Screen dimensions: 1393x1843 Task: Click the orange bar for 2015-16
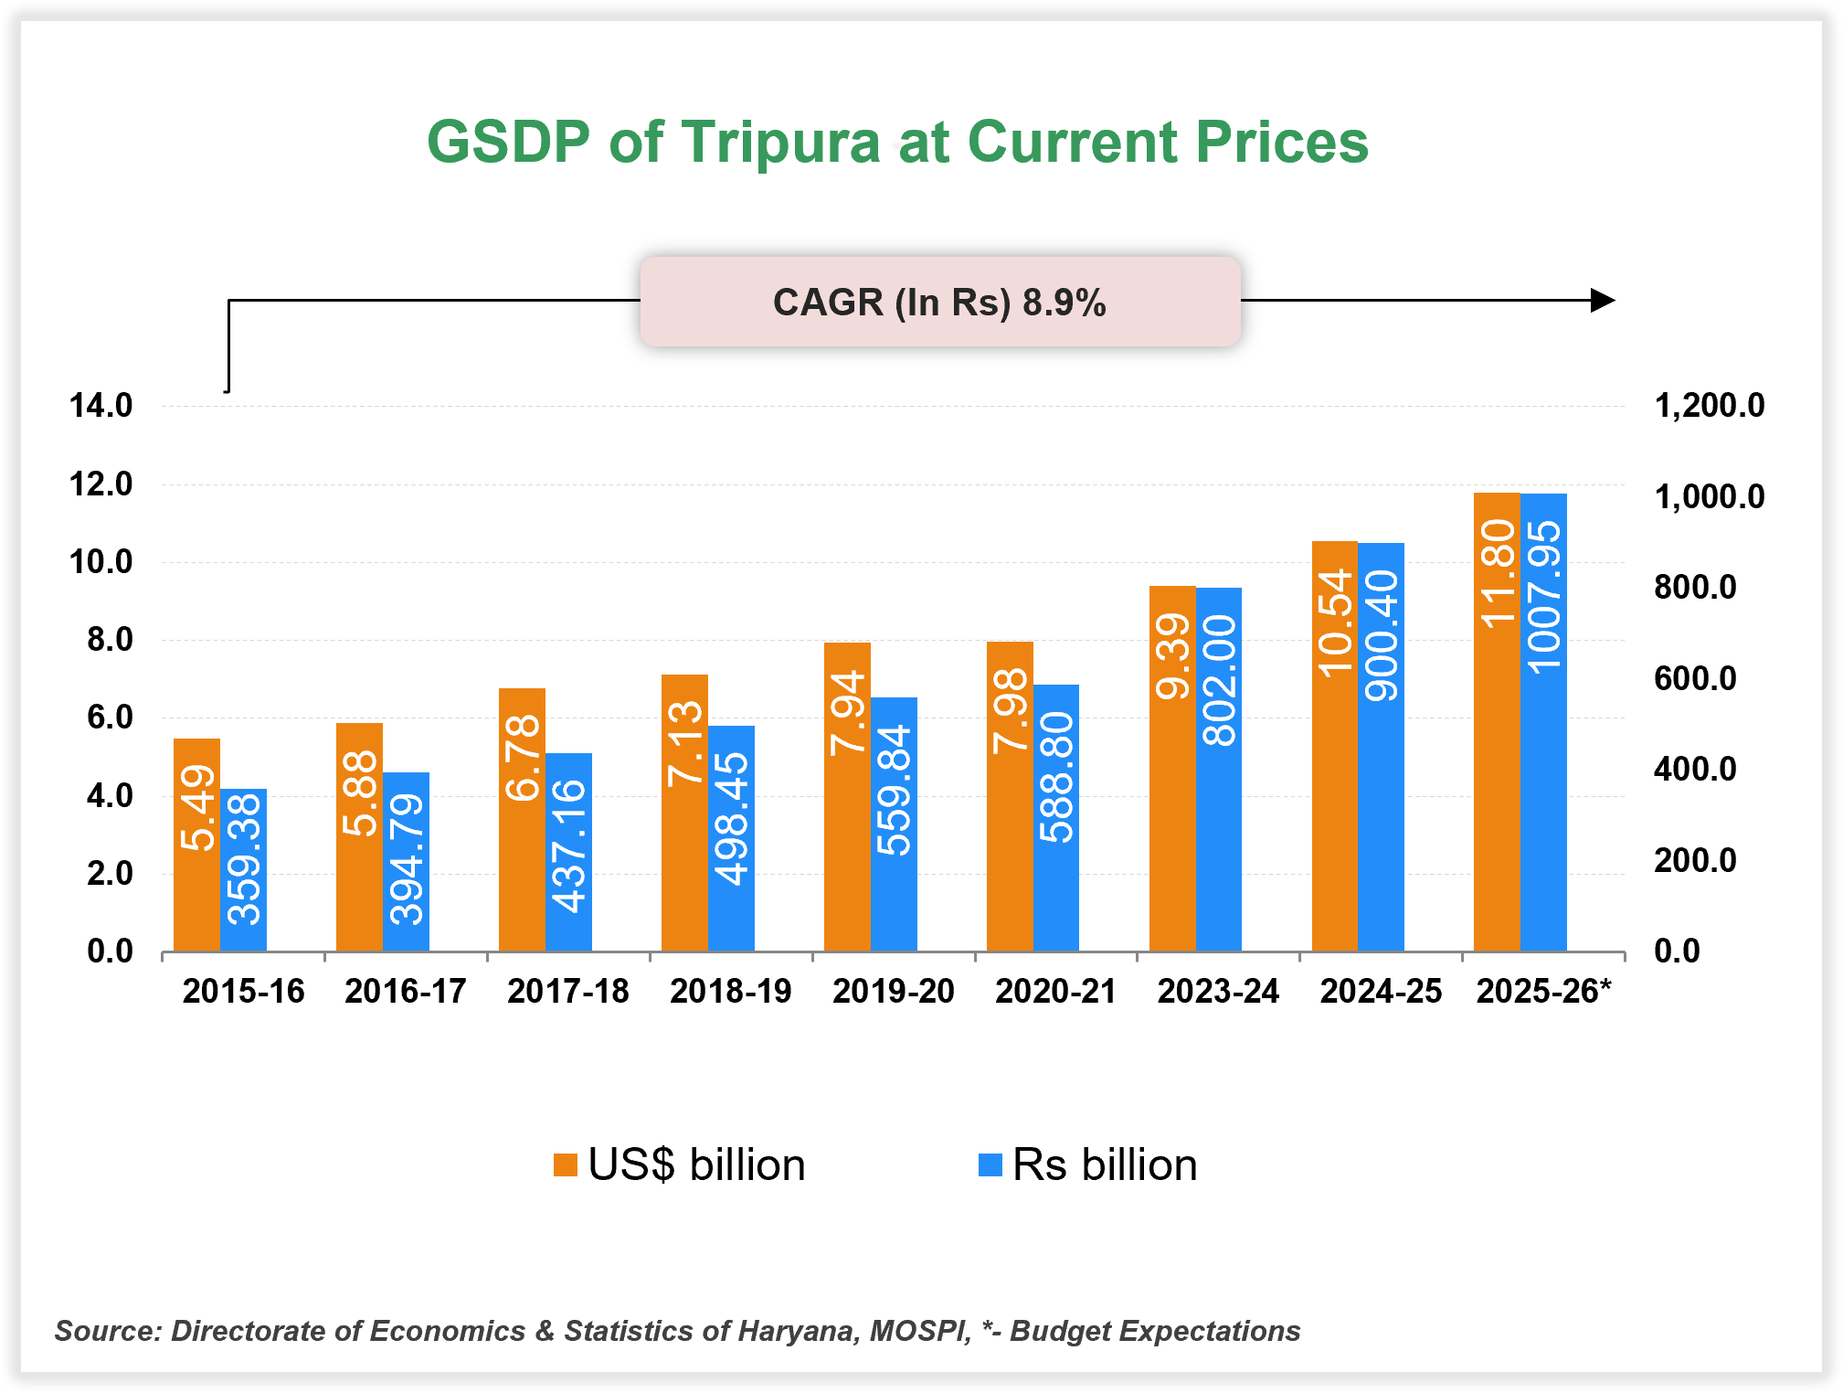point(196,845)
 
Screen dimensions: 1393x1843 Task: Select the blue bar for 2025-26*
point(1543,722)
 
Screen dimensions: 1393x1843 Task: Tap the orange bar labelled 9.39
point(1172,768)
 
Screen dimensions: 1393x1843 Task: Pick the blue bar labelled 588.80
point(1056,818)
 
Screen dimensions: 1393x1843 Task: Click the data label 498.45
point(731,818)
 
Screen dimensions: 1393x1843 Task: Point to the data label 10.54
point(1335,622)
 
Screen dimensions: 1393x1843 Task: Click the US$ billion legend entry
point(681,1165)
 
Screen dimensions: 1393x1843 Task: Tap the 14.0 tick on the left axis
point(101,406)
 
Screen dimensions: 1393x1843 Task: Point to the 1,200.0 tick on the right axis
point(1710,406)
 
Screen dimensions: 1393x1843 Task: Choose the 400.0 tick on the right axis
point(1695,770)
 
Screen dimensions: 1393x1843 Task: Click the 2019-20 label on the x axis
point(893,992)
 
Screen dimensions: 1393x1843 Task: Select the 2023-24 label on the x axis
point(1218,992)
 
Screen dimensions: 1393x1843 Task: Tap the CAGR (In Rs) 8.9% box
point(939,302)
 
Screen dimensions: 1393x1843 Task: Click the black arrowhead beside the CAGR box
point(1602,300)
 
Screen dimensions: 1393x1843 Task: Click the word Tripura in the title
point(781,143)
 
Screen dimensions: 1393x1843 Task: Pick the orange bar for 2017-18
point(522,820)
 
